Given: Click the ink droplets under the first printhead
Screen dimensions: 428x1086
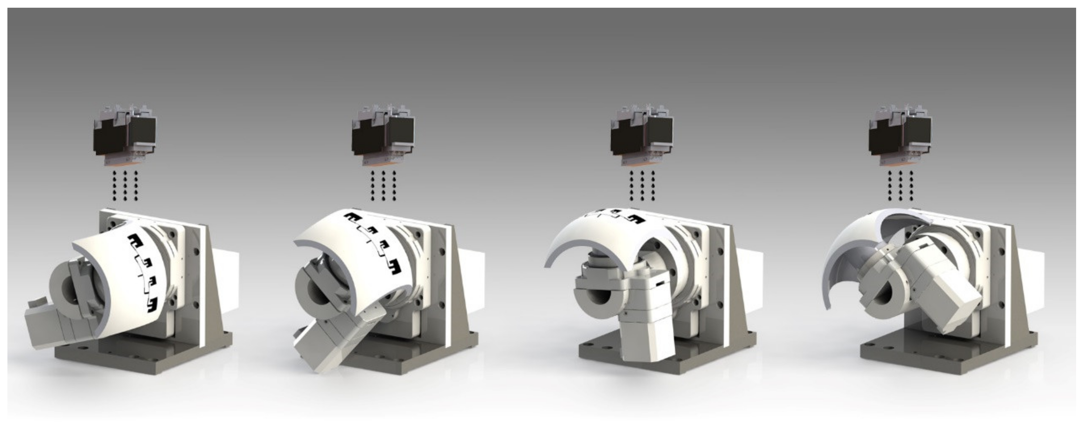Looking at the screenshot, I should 125,186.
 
